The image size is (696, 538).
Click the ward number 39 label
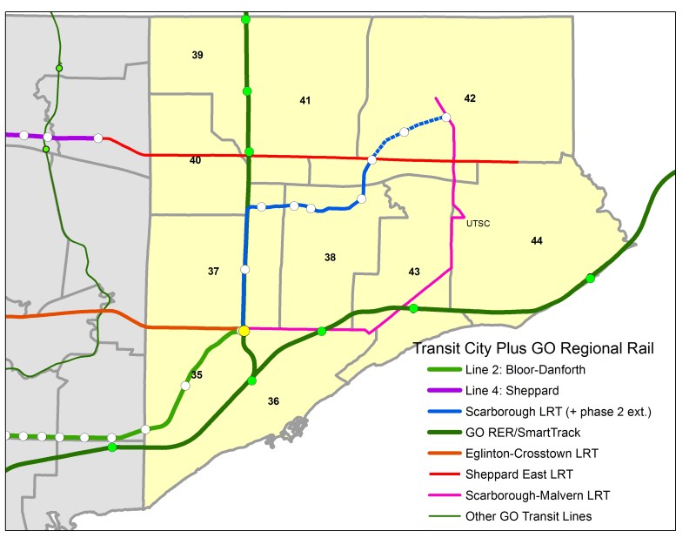pos(197,56)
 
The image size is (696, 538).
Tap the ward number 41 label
pos(305,101)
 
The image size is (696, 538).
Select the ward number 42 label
pos(470,98)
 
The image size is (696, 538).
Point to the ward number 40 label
pos(195,160)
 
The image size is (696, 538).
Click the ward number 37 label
pos(213,272)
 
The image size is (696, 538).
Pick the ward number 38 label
pos(330,258)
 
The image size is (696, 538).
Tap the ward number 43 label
pos(414,272)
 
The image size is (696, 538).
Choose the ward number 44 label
pos(537,240)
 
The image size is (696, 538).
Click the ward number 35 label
pos(197,375)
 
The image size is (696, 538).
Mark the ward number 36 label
pos(273,401)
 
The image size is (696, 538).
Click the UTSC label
pos(478,224)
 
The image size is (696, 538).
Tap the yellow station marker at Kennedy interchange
pos(244,331)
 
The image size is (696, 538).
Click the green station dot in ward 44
pos(591,279)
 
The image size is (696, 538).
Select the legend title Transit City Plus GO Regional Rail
pos(532,349)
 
